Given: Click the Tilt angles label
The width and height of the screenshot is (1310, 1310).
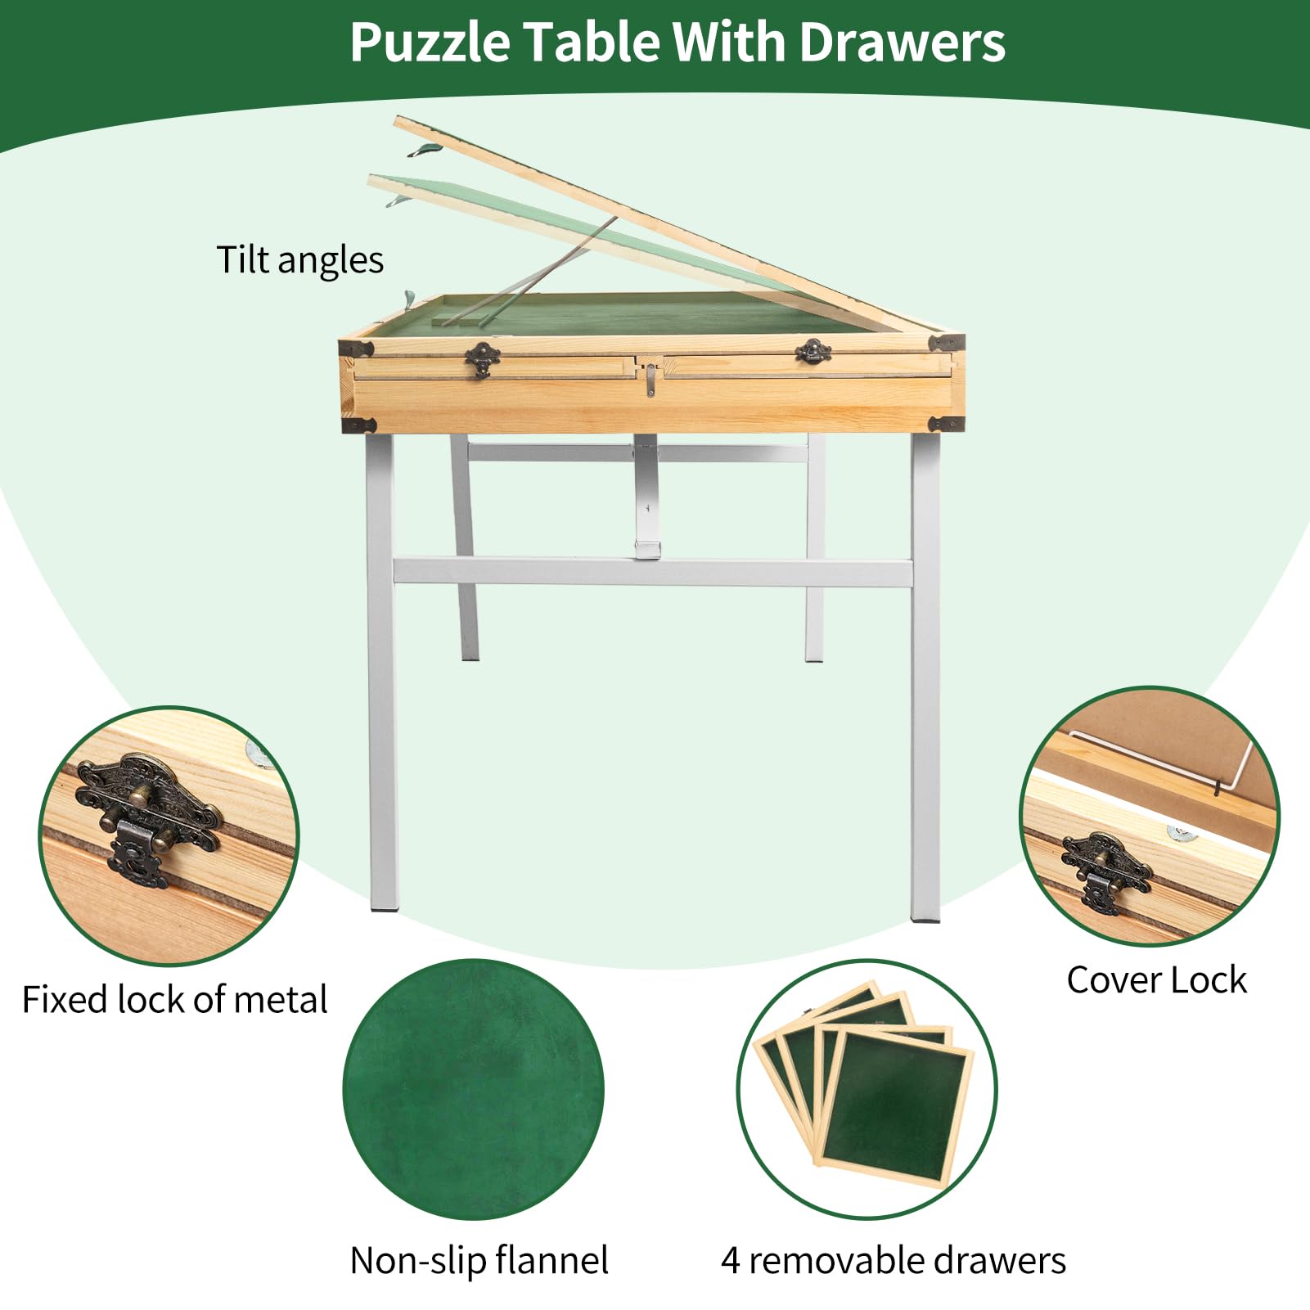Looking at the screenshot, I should (299, 260).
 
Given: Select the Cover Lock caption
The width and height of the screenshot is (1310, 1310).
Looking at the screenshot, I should (1156, 980).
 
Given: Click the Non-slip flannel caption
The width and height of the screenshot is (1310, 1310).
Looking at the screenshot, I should (479, 1261).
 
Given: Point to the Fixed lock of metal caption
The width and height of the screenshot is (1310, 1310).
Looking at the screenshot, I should (174, 1000).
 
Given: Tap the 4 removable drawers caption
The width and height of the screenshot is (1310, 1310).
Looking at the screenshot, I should (894, 1261).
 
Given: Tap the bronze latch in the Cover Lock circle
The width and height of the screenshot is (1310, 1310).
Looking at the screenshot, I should (1105, 872).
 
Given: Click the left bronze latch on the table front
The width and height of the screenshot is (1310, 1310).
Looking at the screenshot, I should (483, 358).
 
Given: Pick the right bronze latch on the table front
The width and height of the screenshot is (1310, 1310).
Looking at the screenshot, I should (813, 352).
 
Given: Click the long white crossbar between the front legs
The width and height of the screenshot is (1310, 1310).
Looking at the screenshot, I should (652, 572).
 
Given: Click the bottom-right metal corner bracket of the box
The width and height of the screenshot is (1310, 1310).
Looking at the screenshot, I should (947, 424).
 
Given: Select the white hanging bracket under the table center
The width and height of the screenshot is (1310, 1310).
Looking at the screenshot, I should (646, 499).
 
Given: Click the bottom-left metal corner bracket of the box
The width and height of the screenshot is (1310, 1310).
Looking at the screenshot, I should (358, 425).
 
